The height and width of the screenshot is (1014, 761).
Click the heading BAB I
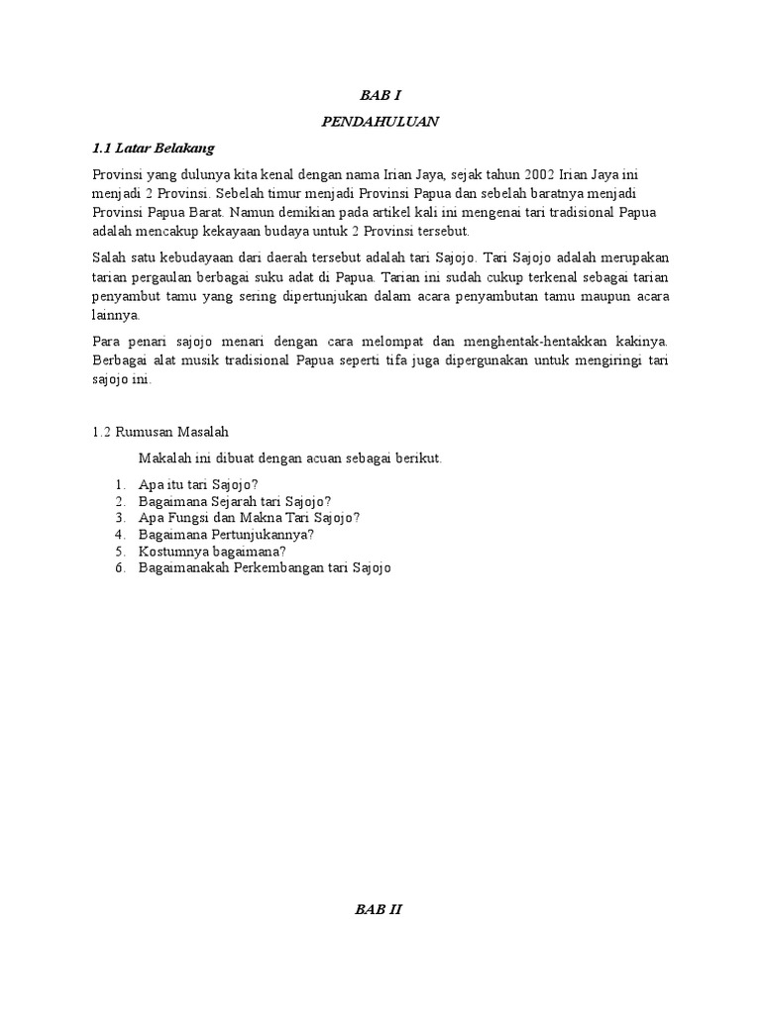click(x=380, y=96)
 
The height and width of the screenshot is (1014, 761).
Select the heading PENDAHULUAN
click(x=380, y=122)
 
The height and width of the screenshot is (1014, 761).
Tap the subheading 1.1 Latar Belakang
click(x=153, y=148)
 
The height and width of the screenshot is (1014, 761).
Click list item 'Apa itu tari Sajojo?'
click(x=199, y=484)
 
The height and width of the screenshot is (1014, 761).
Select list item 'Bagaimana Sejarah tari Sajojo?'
click(x=236, y=501)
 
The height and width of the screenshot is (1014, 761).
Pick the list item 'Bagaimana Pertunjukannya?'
click(x=227, y=534)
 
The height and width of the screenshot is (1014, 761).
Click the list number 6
click(x=118, y=567)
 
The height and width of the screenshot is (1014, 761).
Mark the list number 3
click(x=118, y=517)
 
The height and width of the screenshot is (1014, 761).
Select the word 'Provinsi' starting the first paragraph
click(x=117, y=173)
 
